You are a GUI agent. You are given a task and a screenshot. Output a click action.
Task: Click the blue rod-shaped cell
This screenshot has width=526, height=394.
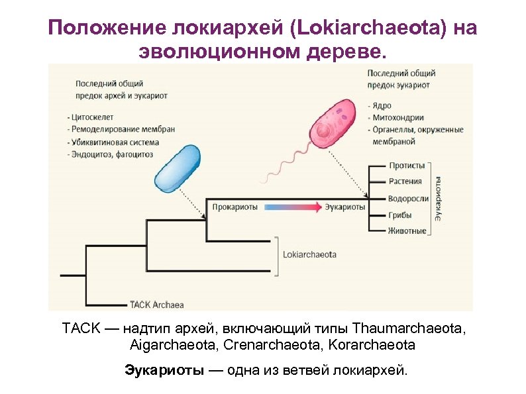click(x=178, y=169)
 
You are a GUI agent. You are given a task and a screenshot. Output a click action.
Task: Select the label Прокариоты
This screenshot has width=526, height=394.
click(x=235, y=207)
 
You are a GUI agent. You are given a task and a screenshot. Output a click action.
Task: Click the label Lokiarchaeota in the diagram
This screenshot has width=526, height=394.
click(x=309, y=254)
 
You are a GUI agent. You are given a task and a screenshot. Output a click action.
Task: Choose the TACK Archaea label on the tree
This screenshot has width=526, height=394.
click(x=156, y=305)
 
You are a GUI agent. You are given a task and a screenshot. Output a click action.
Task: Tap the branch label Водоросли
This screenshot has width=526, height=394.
click(x=409, y=199)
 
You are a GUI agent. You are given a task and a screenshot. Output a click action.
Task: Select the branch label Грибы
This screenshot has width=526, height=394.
click(x=400, y=215)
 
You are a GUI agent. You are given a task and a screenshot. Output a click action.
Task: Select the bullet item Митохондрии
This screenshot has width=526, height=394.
click(x=395, y=118)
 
